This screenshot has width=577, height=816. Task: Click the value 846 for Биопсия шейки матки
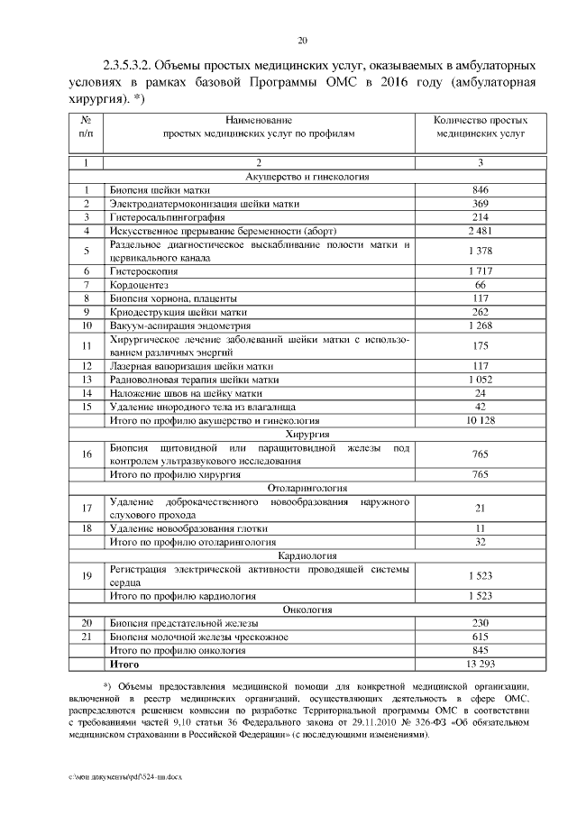pyautogui.click(x=480, y=190)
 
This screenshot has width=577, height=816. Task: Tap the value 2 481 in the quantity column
pyautogui.click(x=480, y=230)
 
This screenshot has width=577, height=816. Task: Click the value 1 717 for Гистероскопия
pyautogui.click(x=480, y=271)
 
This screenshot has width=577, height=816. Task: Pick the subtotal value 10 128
pyautogui.click(x=480, y=420)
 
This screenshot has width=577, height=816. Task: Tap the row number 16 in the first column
pyautogui.click(x=87, y=454)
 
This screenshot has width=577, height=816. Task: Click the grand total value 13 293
pyautogui.click(x=480, y=663)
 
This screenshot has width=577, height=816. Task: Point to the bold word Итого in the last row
pyautogui.click(x=124, y=663)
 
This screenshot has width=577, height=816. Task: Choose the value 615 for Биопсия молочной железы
pyautogui.click(x=480, y=637)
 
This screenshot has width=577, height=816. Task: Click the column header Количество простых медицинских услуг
pyautogui.click(x=480, y=125)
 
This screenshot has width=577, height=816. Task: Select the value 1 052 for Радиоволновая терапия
pyautogui.click(x=480, y=380)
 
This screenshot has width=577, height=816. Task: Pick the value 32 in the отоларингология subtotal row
pyautogui.click(x=480, y=542)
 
